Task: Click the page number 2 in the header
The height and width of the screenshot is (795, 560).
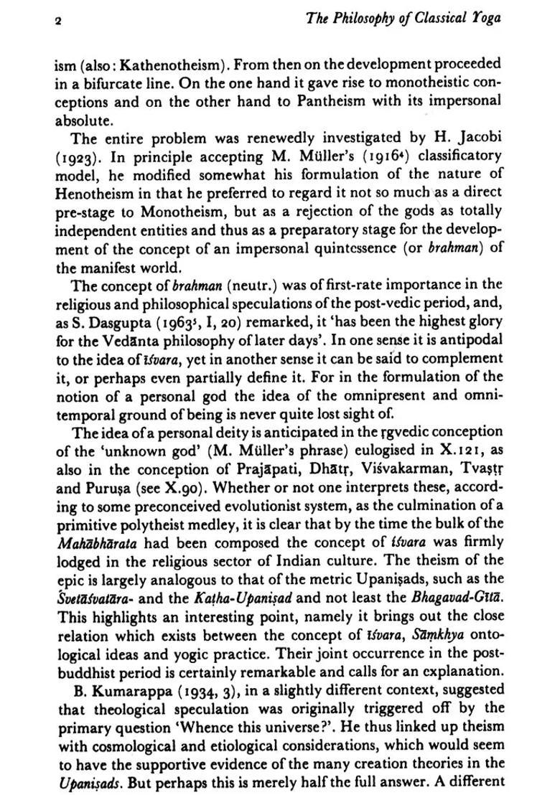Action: point(58,21)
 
